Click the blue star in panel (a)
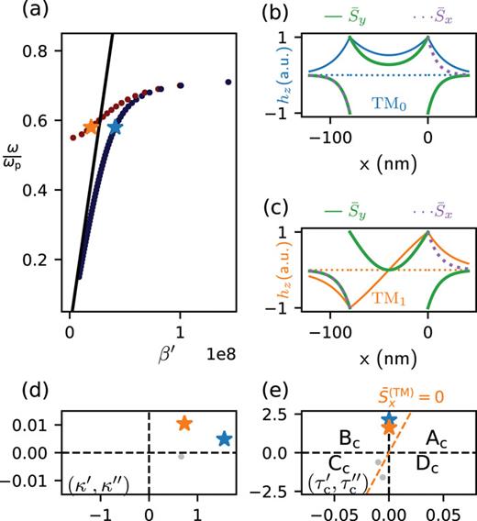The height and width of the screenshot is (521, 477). coord(115,127)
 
